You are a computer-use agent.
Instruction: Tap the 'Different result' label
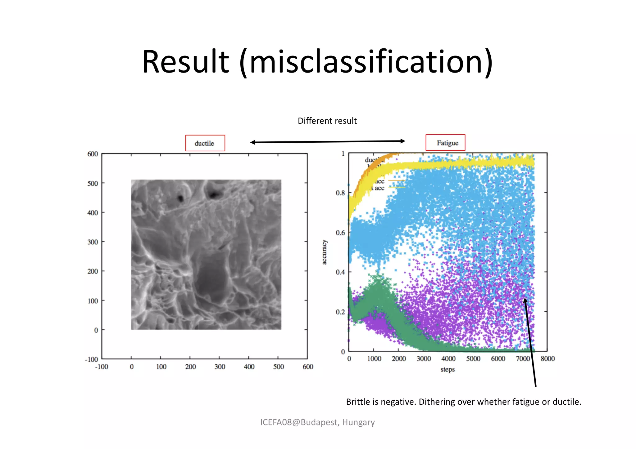click(327, 121)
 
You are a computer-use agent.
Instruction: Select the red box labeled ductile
click(205, 143)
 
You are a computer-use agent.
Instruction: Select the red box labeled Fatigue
click(445, 143)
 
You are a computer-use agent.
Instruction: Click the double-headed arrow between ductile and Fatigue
click(328, 142)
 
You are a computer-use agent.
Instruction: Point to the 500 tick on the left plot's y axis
click(93, 183)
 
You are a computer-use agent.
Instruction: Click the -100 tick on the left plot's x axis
click(102, 367)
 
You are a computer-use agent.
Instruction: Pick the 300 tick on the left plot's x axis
click(220, 367)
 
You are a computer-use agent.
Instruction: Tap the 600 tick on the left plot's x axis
click(308, 367)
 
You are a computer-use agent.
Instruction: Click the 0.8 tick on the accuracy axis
click(340, 193)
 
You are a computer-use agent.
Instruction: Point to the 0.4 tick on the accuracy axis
click(340, 272)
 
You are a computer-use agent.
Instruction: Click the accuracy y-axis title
click(324, 252)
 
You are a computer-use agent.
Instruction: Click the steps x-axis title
click(447, 370)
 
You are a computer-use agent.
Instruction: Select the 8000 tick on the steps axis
click(547, 359)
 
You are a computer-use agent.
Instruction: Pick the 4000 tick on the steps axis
click(448, 359)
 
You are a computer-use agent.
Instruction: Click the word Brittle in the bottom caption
click(358, 402)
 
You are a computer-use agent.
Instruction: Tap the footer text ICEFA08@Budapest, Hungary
click(317, 422)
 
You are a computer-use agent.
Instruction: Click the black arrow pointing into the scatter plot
click(530, 341)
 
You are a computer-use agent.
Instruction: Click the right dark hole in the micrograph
click(214, 195)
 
